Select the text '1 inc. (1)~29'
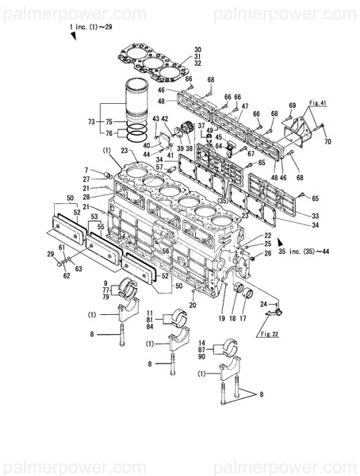(91, 28)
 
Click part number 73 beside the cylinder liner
(90, 121)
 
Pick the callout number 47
(245, 106)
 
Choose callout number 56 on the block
(165, 250)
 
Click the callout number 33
(295, 216)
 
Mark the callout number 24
(263, 304)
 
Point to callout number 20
(193, 305)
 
